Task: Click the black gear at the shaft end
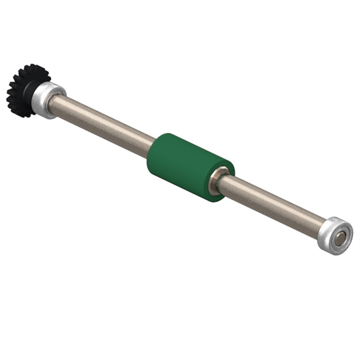(22, 90)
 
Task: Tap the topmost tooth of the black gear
(32, 67)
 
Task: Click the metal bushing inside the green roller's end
(216, 179)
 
